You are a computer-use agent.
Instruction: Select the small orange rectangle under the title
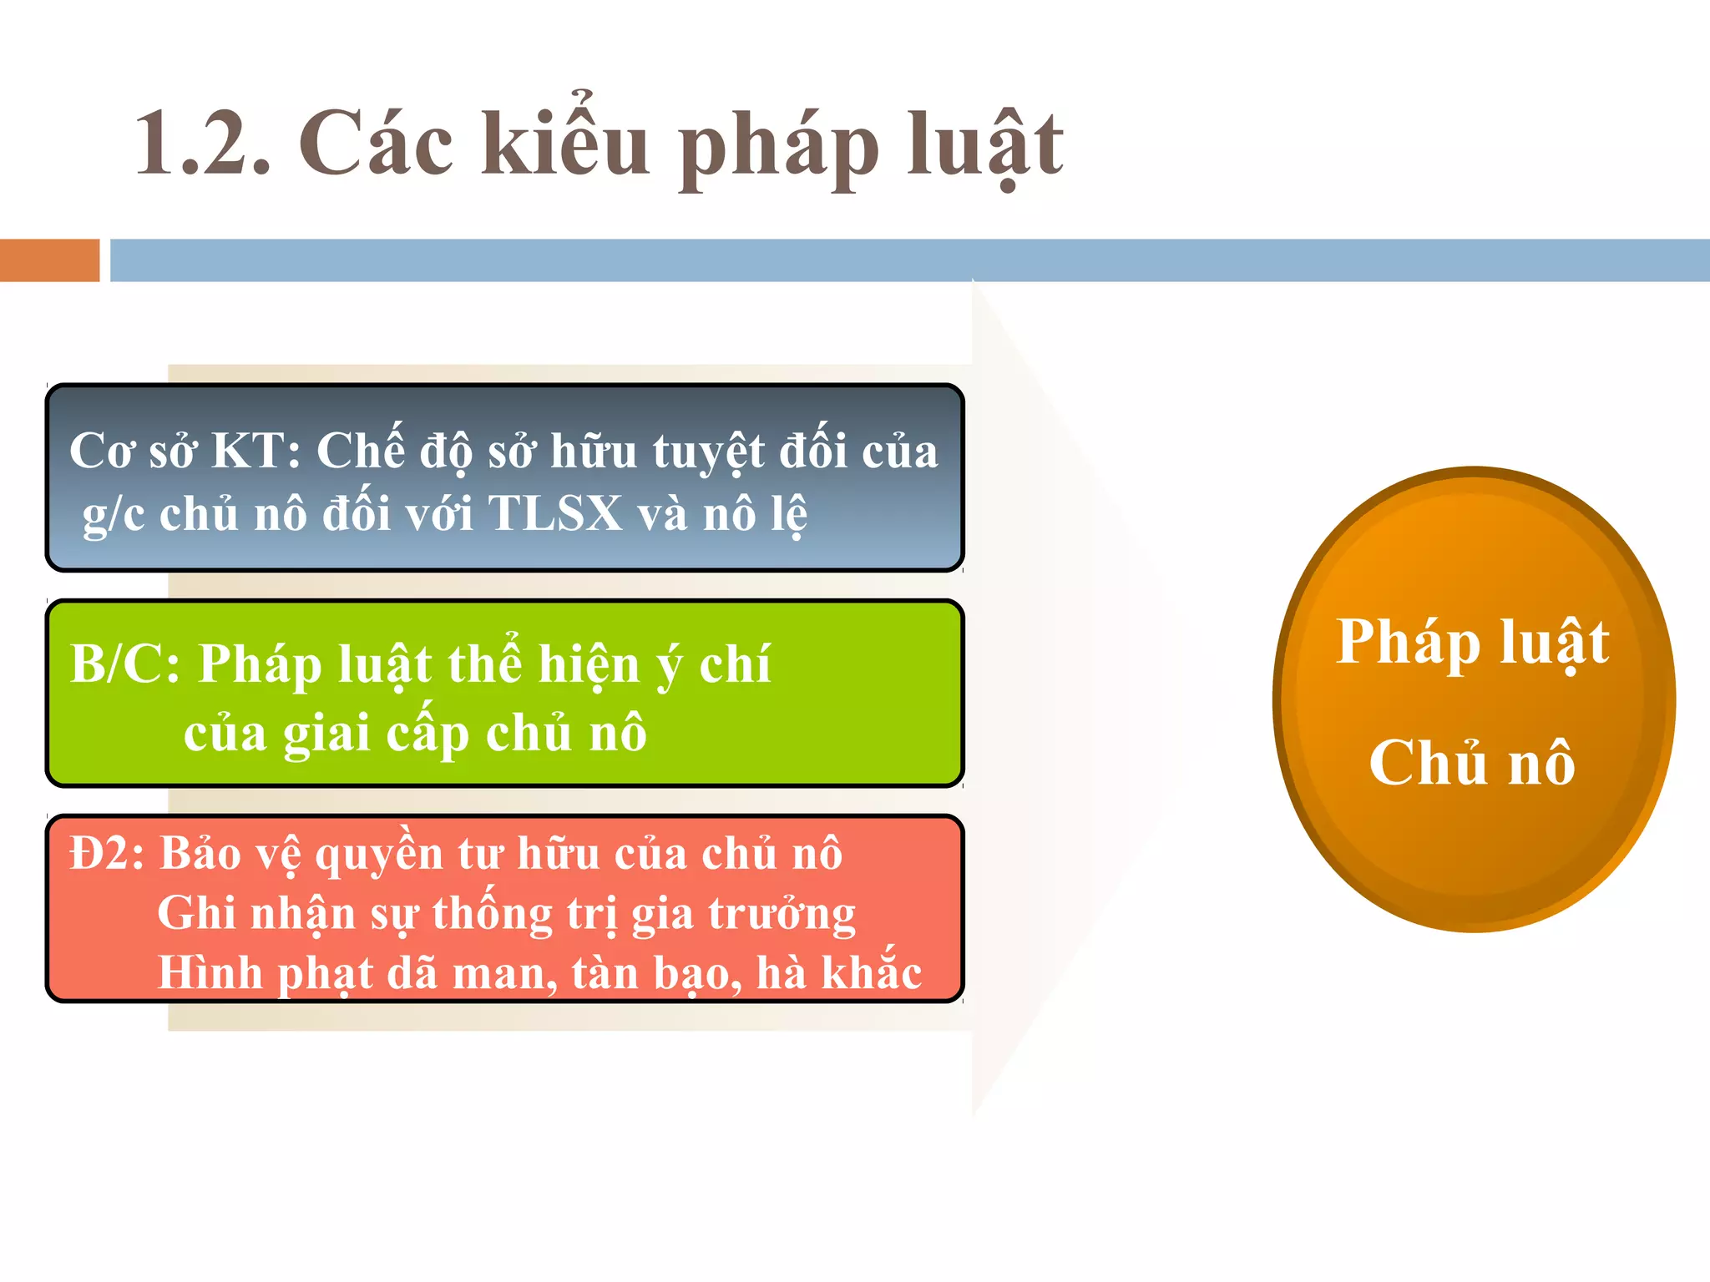coord(49,260)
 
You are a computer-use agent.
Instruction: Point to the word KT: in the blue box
coord(255,452)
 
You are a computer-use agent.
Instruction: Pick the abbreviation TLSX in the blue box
coord(555,513)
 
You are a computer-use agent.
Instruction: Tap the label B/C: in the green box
coord(125,664)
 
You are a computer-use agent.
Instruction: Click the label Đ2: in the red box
coord(107,854)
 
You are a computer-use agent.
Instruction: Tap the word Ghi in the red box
coord(196,913)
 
